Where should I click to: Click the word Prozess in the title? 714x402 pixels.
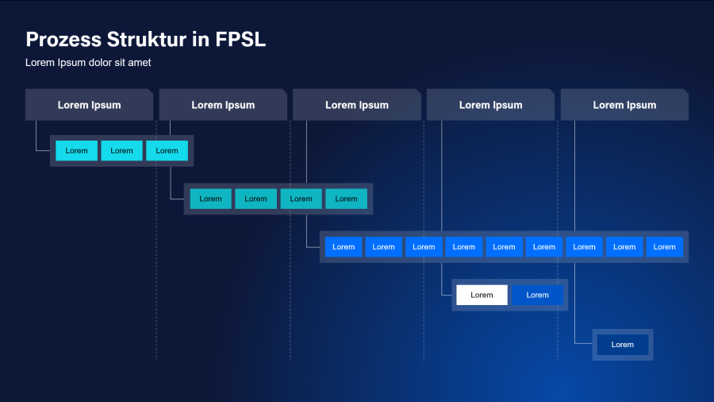63,39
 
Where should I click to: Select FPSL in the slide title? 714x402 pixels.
240,39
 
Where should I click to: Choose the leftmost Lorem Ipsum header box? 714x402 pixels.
89,105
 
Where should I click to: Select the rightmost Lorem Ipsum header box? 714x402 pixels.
624,105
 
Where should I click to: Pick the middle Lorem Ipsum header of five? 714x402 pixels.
357,105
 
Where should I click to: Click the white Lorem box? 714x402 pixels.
482,295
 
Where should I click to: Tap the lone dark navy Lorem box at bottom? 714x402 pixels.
623,344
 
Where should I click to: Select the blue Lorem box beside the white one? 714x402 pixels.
537,295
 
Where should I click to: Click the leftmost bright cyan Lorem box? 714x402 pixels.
76,151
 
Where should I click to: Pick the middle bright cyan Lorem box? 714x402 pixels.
121,151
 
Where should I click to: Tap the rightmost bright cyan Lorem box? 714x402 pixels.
167,151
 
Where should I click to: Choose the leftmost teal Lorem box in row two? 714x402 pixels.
210,199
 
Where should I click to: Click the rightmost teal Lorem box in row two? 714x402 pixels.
346,199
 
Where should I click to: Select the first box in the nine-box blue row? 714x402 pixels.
344,247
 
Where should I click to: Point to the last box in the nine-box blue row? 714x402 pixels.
665,247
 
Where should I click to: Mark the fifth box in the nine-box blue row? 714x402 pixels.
504,247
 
